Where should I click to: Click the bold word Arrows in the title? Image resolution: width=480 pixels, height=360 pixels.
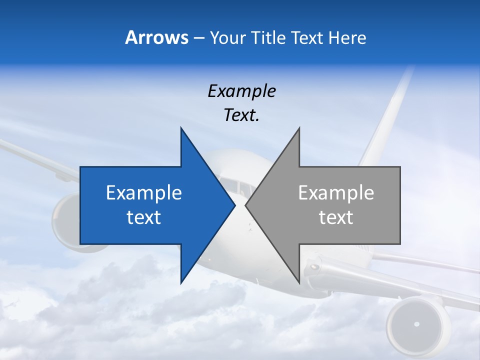[x=156, y=37]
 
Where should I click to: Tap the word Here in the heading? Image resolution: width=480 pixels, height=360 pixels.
[x=347, y=37]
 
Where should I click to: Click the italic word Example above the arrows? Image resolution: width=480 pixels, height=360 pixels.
[x=241, y=91]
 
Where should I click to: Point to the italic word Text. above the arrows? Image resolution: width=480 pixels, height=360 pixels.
[x=241, y=115]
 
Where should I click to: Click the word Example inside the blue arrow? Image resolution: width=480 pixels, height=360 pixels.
[x=144, y=192]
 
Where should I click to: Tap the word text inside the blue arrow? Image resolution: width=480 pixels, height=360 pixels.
[x=144, y=217]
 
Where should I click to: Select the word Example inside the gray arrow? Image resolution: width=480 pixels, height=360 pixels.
[x=336, y=192]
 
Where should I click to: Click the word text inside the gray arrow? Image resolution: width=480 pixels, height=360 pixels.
[x=336, y=217]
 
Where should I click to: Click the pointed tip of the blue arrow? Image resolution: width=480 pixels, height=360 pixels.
[x=234, y=205]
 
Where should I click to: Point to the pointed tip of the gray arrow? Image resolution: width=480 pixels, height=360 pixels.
[x=246, y=205]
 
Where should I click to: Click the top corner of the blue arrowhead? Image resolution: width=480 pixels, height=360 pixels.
[x=181, y=128]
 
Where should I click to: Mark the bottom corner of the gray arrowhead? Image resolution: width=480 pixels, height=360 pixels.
[x=299, y=282]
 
